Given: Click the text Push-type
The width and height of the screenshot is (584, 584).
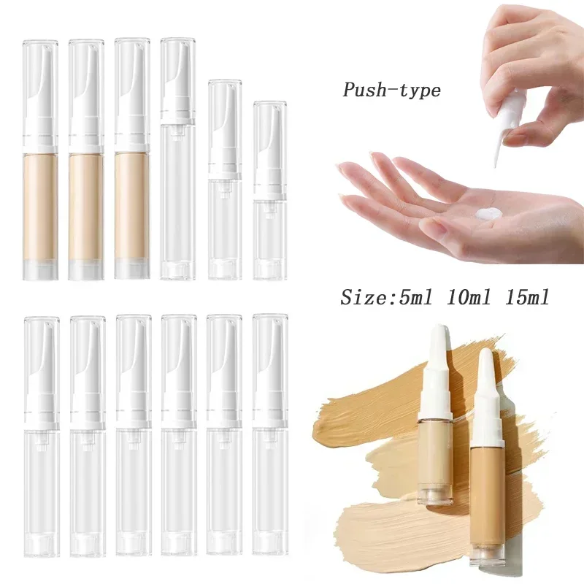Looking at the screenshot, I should pos(392,91).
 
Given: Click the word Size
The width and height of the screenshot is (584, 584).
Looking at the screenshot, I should pos(366,298).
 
